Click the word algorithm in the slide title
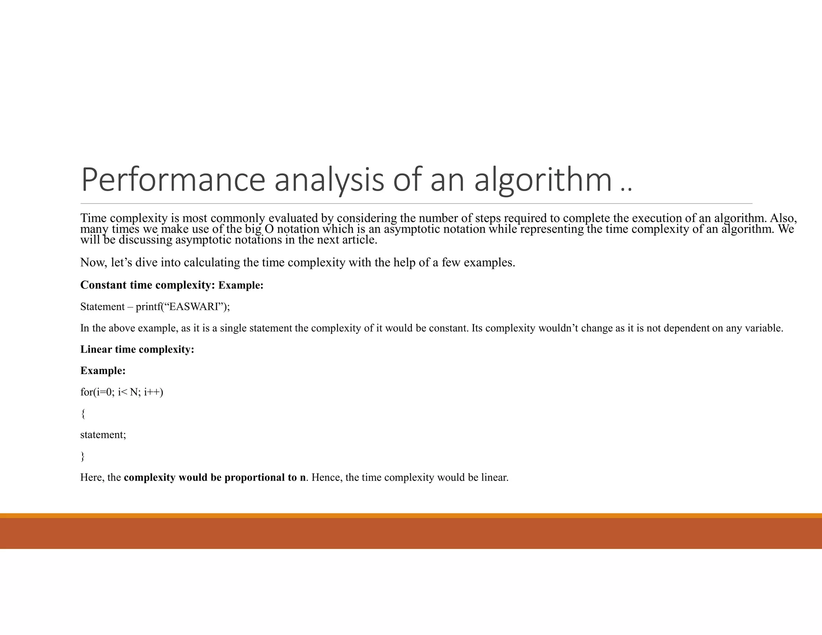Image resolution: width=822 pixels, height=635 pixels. (x=543, y=179)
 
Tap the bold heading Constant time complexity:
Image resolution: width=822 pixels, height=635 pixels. (x=147, y=285)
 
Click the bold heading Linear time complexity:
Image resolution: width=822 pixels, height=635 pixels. (x=137, y=349)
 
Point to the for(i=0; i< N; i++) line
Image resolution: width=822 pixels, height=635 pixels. (x=122, y=392)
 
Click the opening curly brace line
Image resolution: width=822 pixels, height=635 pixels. (x=83, y=413)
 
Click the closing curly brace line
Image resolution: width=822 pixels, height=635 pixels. (x=83, y=456)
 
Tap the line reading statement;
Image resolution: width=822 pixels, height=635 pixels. (x=103, y=435)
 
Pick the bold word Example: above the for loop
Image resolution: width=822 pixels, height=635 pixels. (x=103, y=370)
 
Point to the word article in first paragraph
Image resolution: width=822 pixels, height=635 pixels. (x=359, y=240)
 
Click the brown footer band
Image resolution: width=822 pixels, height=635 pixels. (x=411, y=533)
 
